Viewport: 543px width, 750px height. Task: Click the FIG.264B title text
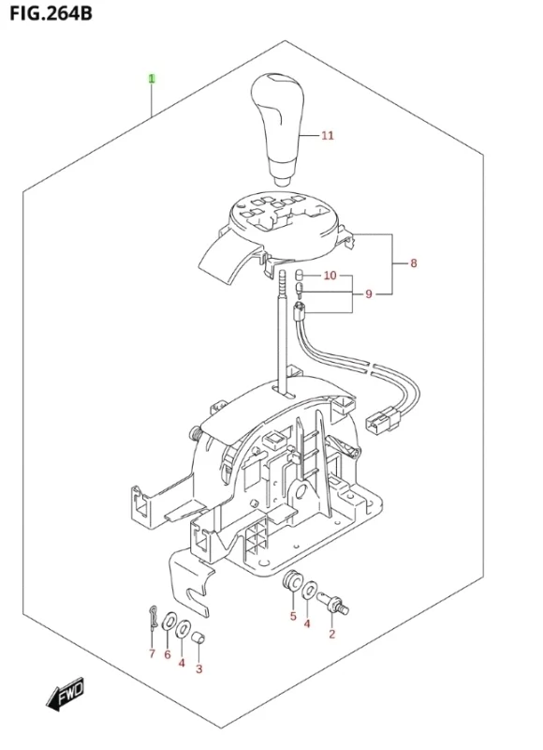click(x=51, y=13)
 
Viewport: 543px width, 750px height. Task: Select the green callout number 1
click(x=152, y=79)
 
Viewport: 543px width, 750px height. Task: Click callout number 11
click(x=327, y=136)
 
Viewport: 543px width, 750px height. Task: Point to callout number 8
click(x=414, y=262)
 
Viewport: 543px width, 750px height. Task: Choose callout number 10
click(x=330, y=276)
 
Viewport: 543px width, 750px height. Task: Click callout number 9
click(x=368, y=293)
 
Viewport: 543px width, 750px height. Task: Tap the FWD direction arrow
click(x=65, y=693)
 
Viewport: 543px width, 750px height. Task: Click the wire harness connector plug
click(x=382, y=420)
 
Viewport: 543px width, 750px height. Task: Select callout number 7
click(x=152, y=653)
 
